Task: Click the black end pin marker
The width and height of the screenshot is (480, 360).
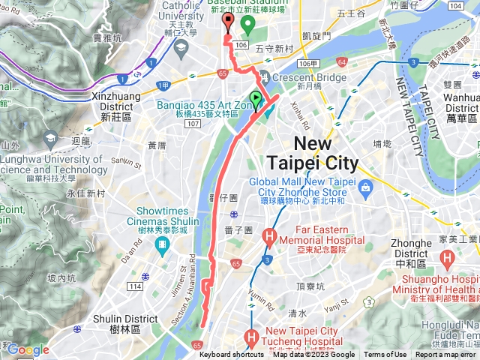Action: (228, 20)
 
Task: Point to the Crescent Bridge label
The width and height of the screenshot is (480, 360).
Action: (309, 76)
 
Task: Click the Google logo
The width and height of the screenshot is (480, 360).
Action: (28, 349)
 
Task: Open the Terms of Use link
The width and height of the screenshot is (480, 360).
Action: (385, 355)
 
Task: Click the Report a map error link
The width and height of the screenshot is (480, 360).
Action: (446, 355)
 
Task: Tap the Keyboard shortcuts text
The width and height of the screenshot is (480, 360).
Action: (232, 355)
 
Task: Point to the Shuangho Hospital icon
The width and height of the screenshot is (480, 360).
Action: (448, 262)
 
